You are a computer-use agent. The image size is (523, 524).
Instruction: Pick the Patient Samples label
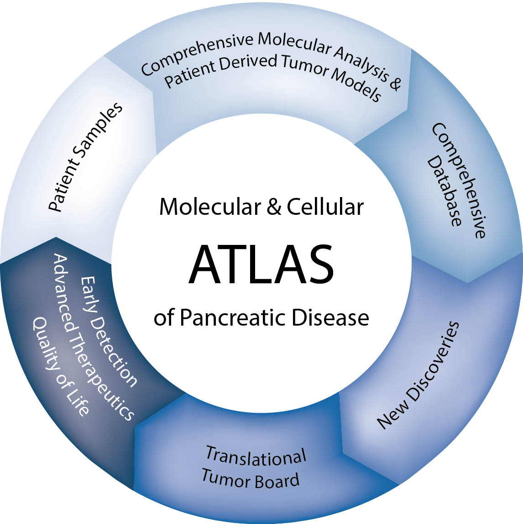tap(86, 157)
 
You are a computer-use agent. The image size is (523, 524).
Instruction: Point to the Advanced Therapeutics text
tap(94, 337)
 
